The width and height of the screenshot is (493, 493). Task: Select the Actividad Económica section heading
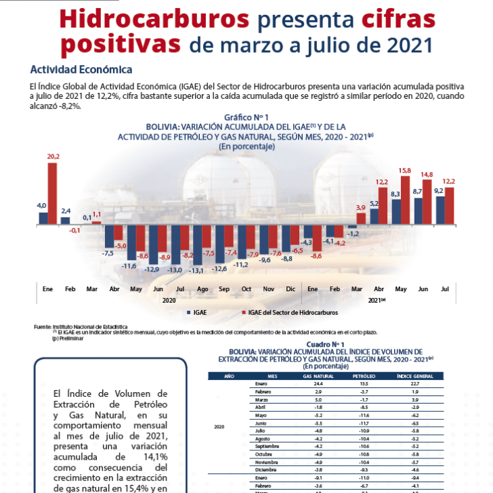81,69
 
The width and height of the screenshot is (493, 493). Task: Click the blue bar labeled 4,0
43,217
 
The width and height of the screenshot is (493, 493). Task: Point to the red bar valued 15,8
405,200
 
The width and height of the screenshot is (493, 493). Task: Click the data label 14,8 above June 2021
427,174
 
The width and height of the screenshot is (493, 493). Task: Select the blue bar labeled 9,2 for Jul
440,209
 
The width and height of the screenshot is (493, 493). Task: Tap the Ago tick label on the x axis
202,288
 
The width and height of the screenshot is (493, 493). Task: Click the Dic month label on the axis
291,288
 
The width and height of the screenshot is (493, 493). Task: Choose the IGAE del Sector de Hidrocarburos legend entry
292,312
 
